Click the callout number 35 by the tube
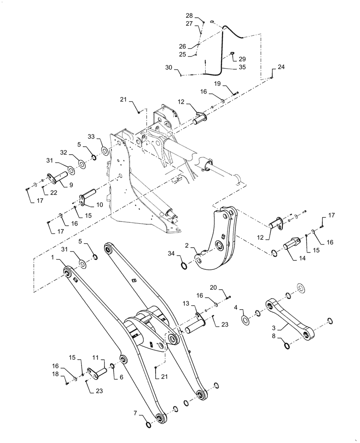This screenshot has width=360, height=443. (242, 68)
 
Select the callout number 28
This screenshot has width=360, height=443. (189, 16)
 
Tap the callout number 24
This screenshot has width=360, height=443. (282, 67)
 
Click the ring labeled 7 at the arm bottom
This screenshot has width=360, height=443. (148, 425)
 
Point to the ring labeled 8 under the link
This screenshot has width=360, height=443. (287, 346)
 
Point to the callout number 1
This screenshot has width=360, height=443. (53, 257)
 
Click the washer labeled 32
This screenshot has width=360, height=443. (82, 165)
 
